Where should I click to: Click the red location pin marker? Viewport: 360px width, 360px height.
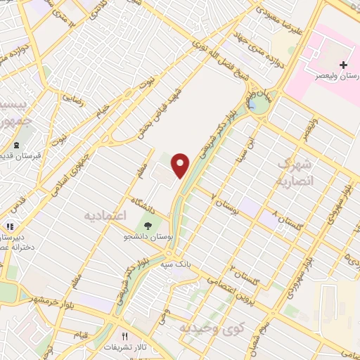click(181, 164)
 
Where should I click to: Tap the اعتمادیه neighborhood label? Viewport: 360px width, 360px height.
click(104, 213)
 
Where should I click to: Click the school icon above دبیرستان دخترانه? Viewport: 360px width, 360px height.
click(10, 227)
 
